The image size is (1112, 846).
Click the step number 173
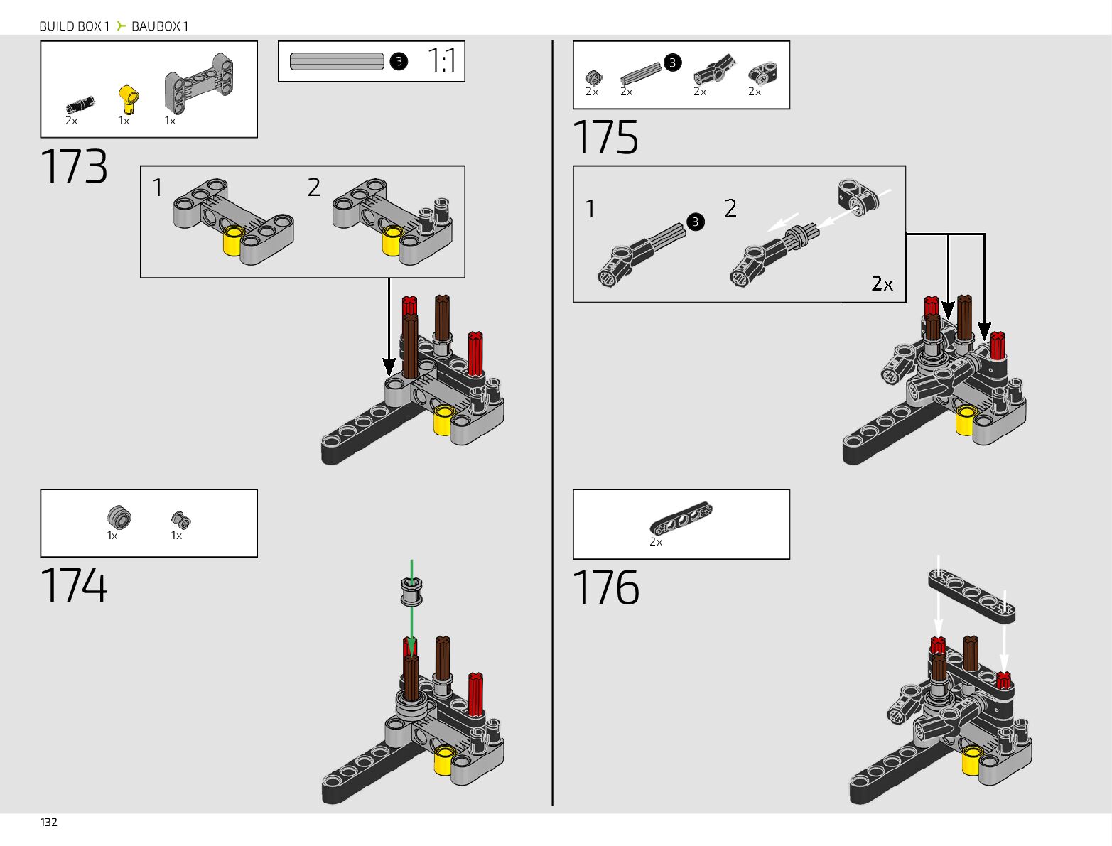(75, 166)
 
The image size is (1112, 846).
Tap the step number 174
(75, 585)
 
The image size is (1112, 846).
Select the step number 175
(605, 137)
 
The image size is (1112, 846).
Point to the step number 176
(605, 587)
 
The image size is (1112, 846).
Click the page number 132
(48, 822)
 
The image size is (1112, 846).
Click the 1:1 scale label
(441, 61)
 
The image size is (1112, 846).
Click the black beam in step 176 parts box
(681, 518)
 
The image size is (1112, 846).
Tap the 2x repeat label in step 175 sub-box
(882, 283)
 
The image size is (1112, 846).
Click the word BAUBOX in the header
(156, 26)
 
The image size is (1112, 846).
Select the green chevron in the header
(121, 26)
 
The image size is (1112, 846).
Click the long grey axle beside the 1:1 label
(337, 62)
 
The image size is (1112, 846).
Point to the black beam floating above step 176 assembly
(971, 595)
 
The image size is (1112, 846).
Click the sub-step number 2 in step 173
(314, 188)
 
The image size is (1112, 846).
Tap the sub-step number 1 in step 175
(590, 209)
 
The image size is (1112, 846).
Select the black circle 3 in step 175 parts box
(672, 63)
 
